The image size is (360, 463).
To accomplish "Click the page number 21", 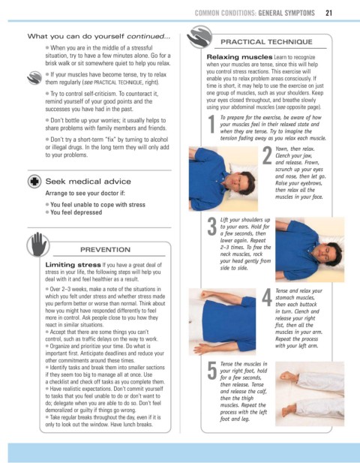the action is [329, 13].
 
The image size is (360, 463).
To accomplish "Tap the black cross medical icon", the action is [34, 182].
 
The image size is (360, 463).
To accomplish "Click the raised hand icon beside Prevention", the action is [38, 245].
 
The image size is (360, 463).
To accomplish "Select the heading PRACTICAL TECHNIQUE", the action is [266, 42].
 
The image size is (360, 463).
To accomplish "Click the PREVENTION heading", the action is [105, 250].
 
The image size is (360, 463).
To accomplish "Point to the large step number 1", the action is [211, 124].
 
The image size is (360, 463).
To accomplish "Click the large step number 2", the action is [267, 155].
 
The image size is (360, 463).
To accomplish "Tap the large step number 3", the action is [212, 227].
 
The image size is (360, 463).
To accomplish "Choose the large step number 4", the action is [267, 298].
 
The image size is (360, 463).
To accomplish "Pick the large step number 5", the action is [212, 370].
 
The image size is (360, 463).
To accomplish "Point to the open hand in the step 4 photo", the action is [202, 349].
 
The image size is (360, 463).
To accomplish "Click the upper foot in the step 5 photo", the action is [289, 377].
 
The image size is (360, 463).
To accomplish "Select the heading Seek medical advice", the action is [88, 182].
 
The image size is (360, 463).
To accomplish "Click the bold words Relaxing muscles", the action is [239, 57].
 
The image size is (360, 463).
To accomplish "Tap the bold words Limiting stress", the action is [73, 265].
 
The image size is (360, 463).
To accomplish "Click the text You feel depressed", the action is [76, 212].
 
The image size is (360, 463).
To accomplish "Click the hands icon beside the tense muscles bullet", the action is [34, 77].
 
